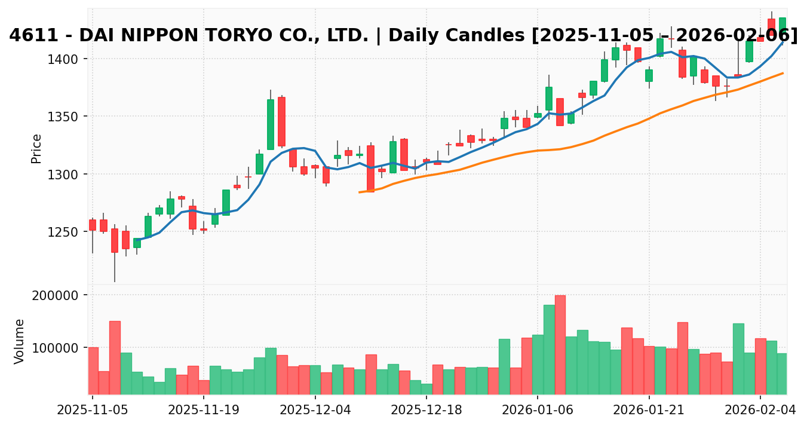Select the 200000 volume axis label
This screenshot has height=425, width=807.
point(59,295)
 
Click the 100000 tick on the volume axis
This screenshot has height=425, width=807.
point(59,348)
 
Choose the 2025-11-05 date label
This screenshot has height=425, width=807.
point(92,411)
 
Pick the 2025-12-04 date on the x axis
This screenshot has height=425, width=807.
point(315,411)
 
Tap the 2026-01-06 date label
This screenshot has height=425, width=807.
point(538,411)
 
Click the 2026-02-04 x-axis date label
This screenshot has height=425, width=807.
point(760,411)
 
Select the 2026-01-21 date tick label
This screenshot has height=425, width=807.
point(649,411)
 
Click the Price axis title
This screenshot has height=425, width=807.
point(36,148)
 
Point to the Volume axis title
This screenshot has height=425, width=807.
point(20,341)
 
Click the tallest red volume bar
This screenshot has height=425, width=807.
point(560,344)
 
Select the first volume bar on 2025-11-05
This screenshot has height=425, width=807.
point(93,370)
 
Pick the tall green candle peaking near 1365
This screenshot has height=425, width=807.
point(270,124)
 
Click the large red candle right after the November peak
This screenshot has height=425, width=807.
point(281,121)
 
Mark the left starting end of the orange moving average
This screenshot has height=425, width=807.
point(359,192)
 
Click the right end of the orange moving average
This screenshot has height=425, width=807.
point(783,73)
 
